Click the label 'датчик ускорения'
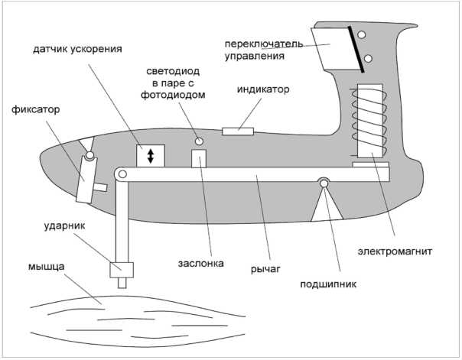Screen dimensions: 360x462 77,50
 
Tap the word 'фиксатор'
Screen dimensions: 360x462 35,110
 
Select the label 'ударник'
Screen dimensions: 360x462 61,228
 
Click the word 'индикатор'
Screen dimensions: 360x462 262,89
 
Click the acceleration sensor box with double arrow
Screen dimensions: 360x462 151,155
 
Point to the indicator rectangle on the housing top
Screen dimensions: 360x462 237,131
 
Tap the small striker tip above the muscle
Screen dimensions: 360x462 121,282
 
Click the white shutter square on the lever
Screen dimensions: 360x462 200,158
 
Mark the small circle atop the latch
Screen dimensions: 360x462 89,157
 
